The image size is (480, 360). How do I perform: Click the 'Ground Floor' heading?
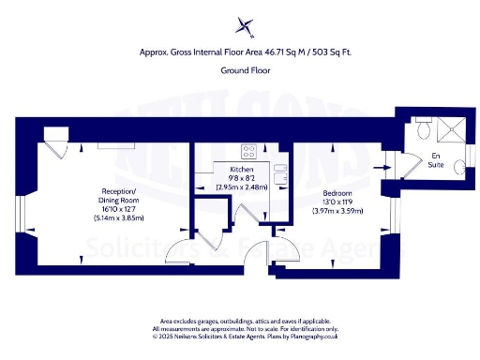[240, 70]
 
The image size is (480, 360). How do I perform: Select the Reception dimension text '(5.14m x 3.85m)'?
[113, 217]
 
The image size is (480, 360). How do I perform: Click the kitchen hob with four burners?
[250, 150]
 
